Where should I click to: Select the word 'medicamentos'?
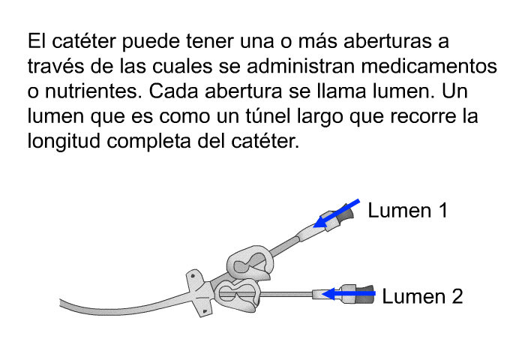429,66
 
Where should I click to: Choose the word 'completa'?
148,142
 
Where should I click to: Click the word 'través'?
55,66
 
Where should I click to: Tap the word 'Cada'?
173,91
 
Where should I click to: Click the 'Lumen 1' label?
408,210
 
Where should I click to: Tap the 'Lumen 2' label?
422,296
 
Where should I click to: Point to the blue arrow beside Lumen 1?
336,213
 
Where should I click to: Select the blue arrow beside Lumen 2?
349,294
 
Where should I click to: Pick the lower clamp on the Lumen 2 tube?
237,295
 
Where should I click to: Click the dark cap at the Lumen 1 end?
346,214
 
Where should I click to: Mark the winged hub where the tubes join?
200,292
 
